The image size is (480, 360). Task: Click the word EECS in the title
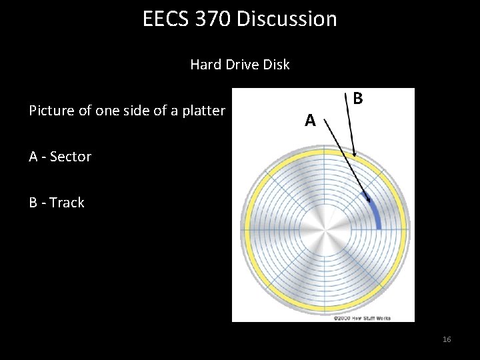[163, 19]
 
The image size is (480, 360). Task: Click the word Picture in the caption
[52, 111]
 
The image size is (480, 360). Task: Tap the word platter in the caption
[203, 111]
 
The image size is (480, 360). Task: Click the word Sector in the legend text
[71, 157]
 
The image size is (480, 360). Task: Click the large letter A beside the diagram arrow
[310, 121]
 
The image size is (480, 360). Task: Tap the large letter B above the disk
[358, 99]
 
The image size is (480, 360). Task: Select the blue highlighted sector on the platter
[375, 210]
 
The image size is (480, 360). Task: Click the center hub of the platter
[323, 237]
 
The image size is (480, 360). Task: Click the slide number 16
[447, 340]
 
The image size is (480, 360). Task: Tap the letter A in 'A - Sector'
[33, 157]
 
